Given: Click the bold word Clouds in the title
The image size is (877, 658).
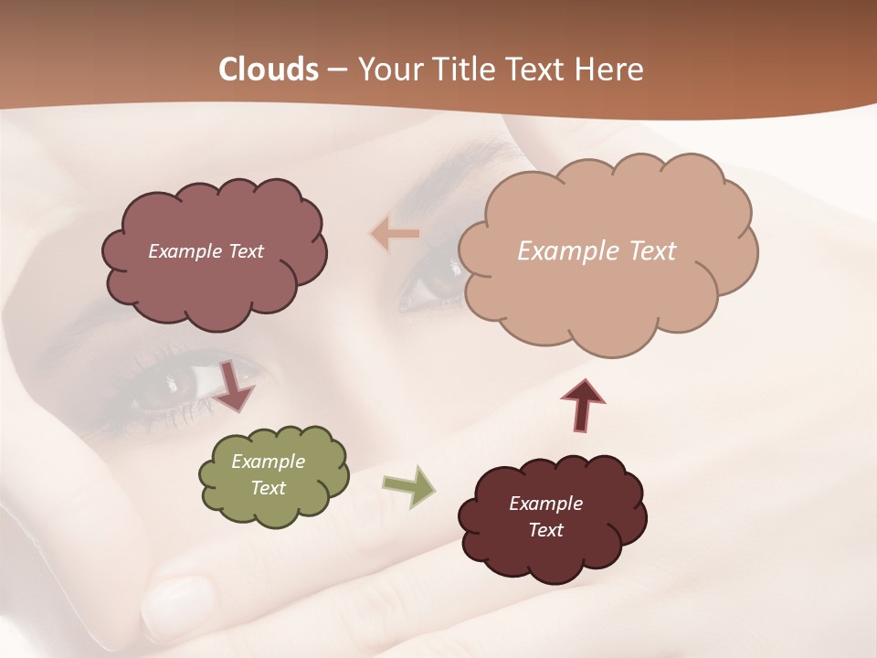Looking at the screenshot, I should click(x=268, y=69).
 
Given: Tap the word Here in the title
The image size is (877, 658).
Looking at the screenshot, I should click(x=609, y=69).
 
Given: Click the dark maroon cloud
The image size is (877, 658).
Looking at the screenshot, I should click(x=552, y=517).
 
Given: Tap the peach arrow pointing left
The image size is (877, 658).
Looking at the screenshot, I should click(x=395, y=234).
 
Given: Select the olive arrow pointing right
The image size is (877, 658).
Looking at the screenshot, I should click(x=409, y=486).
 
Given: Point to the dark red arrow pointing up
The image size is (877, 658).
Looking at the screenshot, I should click(x=583, y=403).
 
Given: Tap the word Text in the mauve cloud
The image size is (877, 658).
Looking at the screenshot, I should click(x=245, y=251).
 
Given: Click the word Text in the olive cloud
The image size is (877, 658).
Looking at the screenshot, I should click(x=269, y=488).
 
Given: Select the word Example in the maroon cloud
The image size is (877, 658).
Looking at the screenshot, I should click(x=545, y=504).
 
